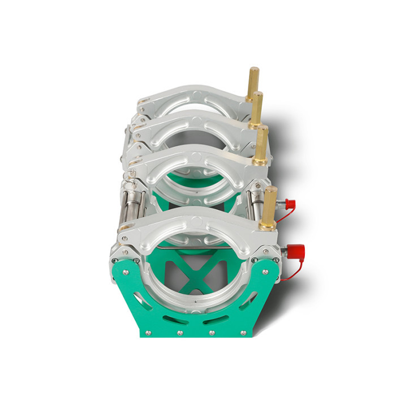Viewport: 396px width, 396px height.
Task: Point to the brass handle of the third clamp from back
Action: (x=262, y=144)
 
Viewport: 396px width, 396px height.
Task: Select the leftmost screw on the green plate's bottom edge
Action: (x=149, y=333)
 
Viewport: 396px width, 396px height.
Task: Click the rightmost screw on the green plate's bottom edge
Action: (x=243, y=333)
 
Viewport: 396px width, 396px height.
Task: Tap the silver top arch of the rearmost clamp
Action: (x=192, y=94)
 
